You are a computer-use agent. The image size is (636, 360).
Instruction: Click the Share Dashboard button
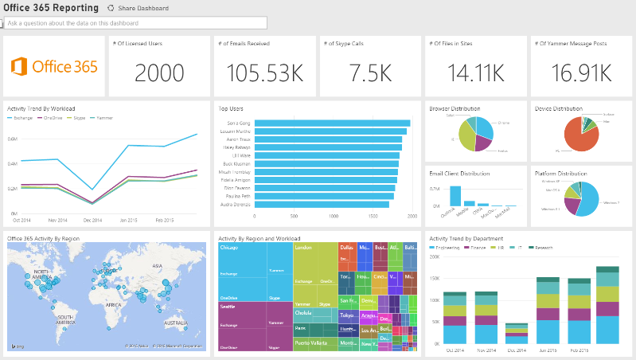(138, 8)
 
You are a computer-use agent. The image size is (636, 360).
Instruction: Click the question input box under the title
(135, 23)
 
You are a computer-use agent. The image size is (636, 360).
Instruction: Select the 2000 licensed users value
(158, 72)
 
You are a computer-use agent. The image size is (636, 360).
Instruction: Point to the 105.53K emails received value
(263, 72)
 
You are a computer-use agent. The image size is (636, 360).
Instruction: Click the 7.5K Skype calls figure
(369, 72)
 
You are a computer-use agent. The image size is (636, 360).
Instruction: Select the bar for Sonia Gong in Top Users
(332, 123)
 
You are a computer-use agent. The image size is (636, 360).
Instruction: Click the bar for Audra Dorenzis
(322, 204)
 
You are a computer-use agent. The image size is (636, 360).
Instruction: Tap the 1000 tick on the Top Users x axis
(334, 216)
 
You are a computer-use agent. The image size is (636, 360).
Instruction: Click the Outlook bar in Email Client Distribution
(455, 197)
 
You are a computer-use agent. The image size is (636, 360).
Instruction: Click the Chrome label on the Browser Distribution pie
(503, 123)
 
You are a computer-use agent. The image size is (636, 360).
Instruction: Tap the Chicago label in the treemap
(229, 248)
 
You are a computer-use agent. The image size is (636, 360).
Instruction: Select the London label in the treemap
(302, 248)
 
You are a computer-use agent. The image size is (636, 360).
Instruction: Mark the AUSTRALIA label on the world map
(174, 323)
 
